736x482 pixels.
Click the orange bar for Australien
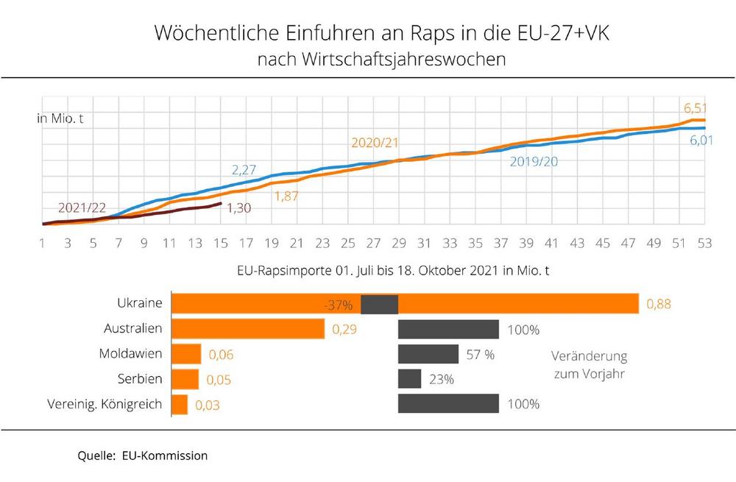pyautogui.click(x=247, y=329)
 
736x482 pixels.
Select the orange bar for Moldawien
pyautogui.click(x=186, y=354)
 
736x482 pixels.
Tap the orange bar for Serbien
pyautogui.click(x=185, y=379)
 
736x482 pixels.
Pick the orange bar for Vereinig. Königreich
pyautogui.click(x=180, y=404)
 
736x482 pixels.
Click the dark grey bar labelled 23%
pyautogui.click(x=409, y=379)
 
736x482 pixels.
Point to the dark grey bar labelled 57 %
pyautogui.click(x=428, y=354)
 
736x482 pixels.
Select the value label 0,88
pyautogui.click(x=659, y=303)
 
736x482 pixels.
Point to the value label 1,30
pyautogui.click(x=239, y=208)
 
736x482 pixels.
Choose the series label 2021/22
pyautogui.click(x=82, y=207)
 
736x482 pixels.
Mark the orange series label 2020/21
pyautogui.click(x=375, y=142)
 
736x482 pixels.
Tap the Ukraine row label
pyautogui.click(x=140, y=303)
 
